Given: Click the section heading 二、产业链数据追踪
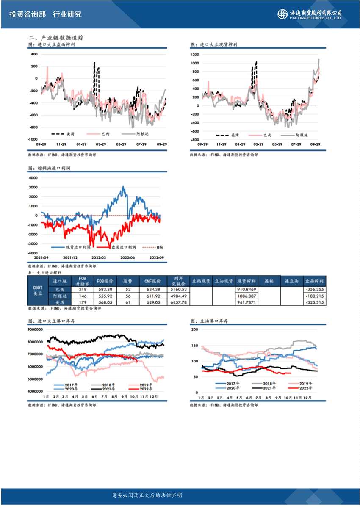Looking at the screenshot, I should point(55,38).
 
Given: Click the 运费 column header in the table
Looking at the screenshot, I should point(128,281).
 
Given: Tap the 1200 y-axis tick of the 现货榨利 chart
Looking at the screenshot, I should point(194,55).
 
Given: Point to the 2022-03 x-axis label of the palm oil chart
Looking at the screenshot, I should point(98,257).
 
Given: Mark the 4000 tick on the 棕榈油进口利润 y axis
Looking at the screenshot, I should point(33,178).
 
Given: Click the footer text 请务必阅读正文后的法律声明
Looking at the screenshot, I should point(147,495).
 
